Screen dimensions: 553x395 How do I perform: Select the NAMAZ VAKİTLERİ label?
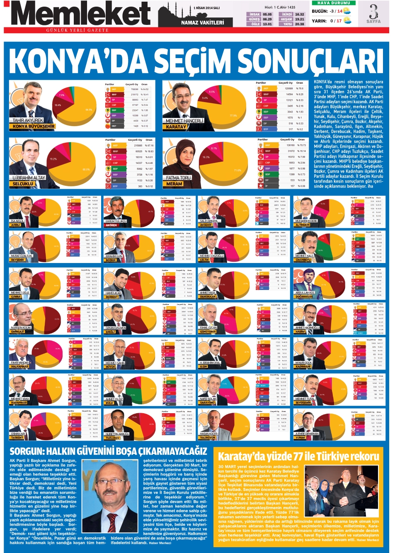(x=202, y=22)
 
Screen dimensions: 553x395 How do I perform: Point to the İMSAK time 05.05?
(x=267, y=14)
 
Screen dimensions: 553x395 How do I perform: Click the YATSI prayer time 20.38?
(x=299, y=24)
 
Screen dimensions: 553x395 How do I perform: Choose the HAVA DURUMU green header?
(x=334, y=3)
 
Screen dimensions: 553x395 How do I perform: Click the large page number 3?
(x=373, y=12)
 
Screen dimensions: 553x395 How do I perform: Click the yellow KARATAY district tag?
(x=176, y=127)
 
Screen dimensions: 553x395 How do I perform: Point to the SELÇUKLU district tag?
(x=23, y=184)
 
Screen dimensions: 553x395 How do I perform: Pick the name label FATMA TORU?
(x=178, y=178)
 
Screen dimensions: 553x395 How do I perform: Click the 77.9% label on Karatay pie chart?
(x=233, y=116)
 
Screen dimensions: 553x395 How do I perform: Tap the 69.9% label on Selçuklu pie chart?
(x=86, y=169)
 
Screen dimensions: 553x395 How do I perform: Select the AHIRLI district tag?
(x=16, y=225)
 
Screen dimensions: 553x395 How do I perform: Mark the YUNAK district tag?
(x=300, y=438)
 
